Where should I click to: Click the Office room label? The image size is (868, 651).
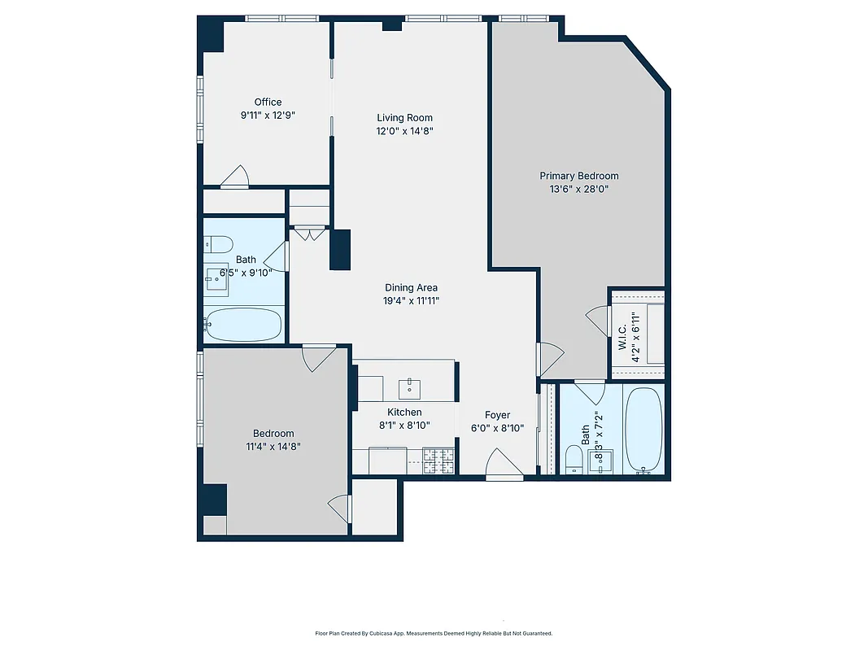coord(268,102)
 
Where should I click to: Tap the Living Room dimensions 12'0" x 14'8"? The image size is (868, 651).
coord(404,131)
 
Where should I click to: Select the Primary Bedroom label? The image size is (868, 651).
coord(579,176)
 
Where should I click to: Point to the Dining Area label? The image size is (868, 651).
coord(411,287)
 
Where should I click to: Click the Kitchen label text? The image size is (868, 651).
coord(404,413)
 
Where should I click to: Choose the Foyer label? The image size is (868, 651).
coord(497,415)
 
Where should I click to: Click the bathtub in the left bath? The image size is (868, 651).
coord(243,325)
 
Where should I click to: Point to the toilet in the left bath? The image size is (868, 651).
coord(218,242)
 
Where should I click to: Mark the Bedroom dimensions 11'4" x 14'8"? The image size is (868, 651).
coord(273,447)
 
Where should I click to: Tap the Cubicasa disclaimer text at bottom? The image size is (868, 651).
coord(434,633)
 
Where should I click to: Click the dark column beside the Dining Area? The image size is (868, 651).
coord(340,249)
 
